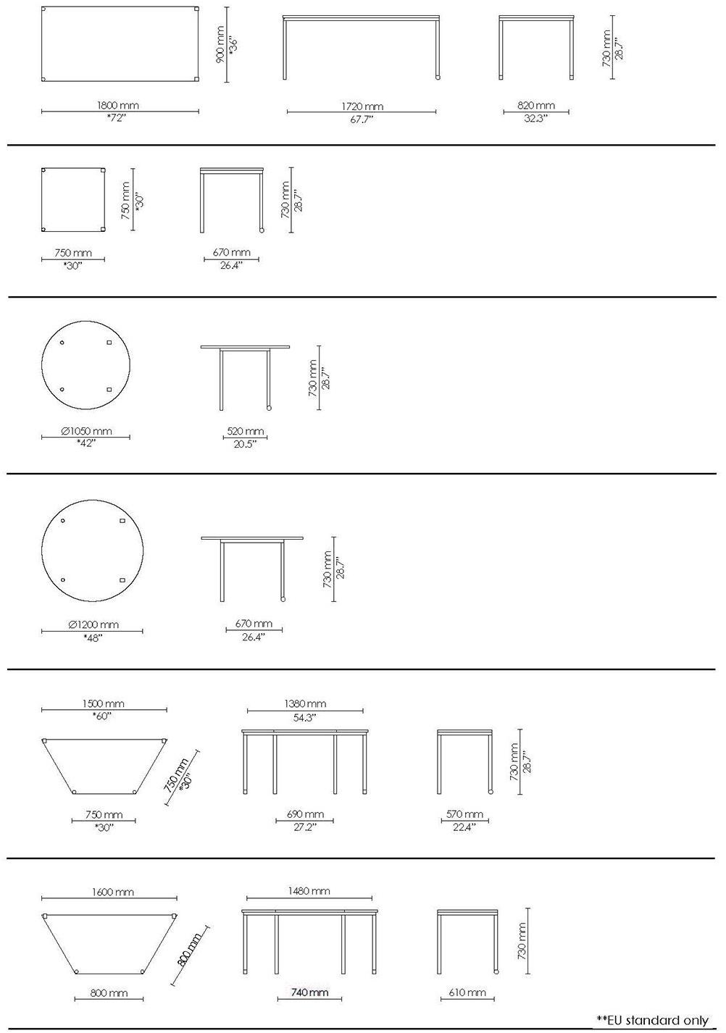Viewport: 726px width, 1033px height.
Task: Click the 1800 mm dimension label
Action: tap(117, 105)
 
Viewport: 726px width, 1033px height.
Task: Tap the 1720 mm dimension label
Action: tap(362, 106)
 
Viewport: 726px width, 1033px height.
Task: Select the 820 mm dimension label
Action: tap(536, 105)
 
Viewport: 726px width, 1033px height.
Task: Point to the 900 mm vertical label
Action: tap(220, 44)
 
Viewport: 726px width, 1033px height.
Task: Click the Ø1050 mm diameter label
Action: tap(86, 431)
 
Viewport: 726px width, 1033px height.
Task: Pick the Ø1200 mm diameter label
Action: tap(93, 624)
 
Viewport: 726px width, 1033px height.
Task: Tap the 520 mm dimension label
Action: tap(246, 431)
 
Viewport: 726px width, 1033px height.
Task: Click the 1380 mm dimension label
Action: tap(305, 703)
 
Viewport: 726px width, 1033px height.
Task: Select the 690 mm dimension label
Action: tap(305, 814)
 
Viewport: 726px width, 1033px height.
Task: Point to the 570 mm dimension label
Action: tap(464, 814)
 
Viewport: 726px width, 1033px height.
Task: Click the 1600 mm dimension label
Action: tap(112, 892)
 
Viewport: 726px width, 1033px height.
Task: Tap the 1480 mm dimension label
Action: tap(309, 890)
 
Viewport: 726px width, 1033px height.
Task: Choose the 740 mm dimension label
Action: tap(309, 992)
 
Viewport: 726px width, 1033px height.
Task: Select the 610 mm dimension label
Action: tap(467, 992)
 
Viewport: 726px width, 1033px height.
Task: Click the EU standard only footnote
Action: tap(652, 1020)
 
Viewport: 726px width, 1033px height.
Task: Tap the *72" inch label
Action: tap(116, 117)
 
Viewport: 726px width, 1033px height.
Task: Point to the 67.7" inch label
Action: tap(362, 120)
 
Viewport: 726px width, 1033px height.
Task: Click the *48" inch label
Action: tap(93, 637)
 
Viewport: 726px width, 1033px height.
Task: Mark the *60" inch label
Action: tap(102, 716)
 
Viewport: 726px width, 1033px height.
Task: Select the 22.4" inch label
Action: tap(464, 827)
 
